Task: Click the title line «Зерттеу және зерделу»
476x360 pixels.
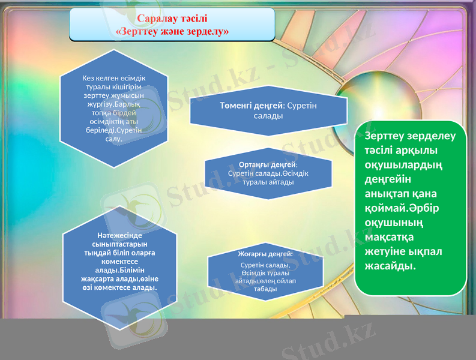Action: (x=172, y=31)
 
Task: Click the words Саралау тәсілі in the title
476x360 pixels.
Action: (x=172, y=18)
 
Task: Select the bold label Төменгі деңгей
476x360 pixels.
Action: (x=252, y=106)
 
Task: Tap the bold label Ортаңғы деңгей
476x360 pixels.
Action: (x=268, y=164)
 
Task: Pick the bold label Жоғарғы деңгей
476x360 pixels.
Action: (x=265, y=254)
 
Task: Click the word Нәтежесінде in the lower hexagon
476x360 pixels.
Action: (x=119, y=236)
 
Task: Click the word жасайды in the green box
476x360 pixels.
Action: (x=390, y=266)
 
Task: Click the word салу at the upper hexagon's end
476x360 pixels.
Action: (x=113, y=139)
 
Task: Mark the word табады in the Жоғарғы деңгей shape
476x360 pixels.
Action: (x=265, y=289)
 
